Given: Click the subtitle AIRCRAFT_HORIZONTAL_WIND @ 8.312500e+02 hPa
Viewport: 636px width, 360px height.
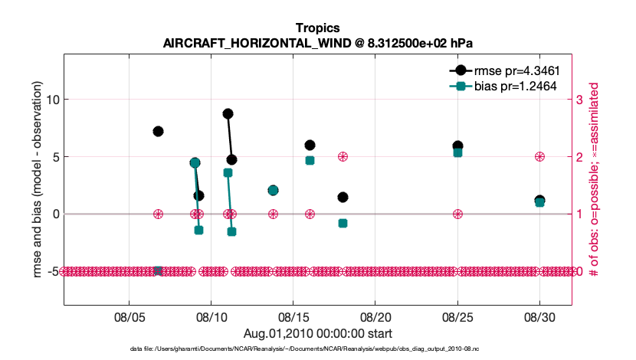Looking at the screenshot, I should [x=317, y=42].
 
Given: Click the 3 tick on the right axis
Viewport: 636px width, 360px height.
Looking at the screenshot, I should [x=580, y=100].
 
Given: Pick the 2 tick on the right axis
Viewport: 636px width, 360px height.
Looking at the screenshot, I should [x=580, y=156].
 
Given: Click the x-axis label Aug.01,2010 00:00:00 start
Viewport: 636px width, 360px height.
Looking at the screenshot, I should [x=317, y=333].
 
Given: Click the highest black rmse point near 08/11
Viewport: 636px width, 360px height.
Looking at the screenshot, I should [x=228, y=113].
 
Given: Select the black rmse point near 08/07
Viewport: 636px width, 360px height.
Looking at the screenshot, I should [x=158, y=131].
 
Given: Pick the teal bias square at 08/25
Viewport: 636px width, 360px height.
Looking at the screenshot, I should [x=457, y=152].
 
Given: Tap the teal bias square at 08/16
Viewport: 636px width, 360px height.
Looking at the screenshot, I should [x=310, y=160].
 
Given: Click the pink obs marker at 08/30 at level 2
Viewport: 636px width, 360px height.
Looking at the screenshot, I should [x=539, y=156].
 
